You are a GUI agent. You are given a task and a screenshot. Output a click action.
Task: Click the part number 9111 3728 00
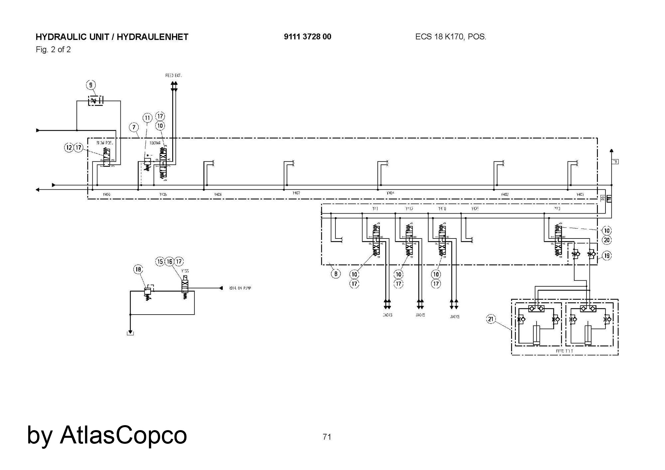[308, 37]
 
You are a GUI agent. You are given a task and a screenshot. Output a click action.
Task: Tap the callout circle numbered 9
[91, 85]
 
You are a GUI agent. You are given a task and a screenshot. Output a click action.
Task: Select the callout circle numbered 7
[134, 127]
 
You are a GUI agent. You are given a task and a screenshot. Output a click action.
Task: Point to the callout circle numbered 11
[148, 118]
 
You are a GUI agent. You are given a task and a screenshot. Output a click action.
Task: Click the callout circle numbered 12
[68, 147]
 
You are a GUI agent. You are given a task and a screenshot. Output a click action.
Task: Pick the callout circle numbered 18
[138, 269]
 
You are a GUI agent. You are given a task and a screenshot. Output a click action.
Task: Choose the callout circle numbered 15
[160, 262]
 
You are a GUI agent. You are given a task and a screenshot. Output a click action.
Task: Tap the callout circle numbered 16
[170, 262]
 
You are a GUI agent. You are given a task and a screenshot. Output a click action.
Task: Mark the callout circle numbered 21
[491, 320]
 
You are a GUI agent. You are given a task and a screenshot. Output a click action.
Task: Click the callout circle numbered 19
[607, 256]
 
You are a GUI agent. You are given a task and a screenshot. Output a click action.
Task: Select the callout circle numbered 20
[607, 240]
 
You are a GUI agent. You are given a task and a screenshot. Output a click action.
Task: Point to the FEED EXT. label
[174, 76]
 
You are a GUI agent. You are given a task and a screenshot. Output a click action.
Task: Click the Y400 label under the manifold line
[106, 194]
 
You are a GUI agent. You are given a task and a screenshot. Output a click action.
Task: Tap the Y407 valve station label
[296, 193]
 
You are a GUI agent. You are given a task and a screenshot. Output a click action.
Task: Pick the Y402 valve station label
[505, 194]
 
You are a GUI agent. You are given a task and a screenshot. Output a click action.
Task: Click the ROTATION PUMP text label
[240, 288]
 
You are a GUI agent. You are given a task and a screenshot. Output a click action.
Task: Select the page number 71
[327, 437]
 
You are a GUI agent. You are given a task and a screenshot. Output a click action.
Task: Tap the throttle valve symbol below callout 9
[95, 100]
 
